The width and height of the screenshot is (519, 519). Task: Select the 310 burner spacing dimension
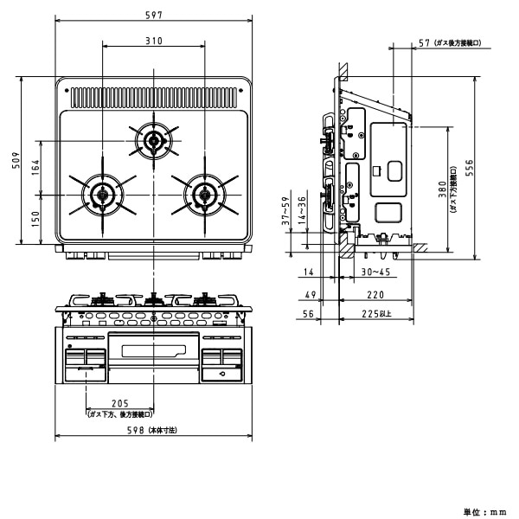(154, 42)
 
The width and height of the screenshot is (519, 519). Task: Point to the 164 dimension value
(35, 167)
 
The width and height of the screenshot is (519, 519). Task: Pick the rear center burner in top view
(154, 141)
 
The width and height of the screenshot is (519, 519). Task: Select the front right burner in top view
(205, 194)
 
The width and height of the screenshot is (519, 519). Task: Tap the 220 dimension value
(372, 295)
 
